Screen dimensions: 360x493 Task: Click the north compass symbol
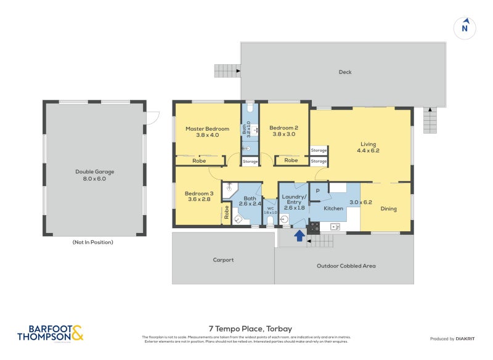pos(465,27)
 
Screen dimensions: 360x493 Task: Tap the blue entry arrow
pos(299,235)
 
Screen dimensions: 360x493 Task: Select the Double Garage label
pos(94,172)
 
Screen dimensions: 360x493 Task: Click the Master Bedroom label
pos(207,129)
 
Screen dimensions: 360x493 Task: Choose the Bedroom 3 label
pos(198,194)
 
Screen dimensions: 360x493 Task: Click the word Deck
pos(345,72)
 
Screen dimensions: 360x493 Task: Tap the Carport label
pos(223,260)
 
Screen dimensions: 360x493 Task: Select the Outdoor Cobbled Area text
pos(346,266)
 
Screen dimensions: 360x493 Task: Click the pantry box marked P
pos(317,191)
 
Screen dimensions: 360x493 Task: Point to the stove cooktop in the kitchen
pos(314,227)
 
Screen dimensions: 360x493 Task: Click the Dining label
pos(388,209)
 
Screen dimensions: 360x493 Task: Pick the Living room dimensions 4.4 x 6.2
pos(368,150)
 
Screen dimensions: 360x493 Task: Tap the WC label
pos(270,208)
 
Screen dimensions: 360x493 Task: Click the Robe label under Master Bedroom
pos(198,160)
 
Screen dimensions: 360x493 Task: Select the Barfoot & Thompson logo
pos(50,333)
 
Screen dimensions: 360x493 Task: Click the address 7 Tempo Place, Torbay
pos(246,329)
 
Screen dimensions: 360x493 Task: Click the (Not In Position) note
pos(93,242)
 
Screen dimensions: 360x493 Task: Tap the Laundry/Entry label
pos(293,198)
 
